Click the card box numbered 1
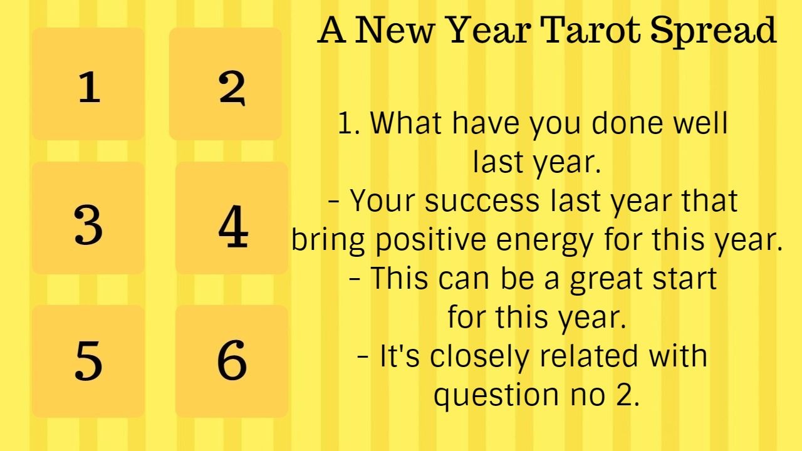tap(88, 84)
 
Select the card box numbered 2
tap(226, 84)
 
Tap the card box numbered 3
tap(88, 219)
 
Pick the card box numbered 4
tap(232, 219)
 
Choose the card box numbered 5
tap(88, 361)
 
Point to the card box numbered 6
tap(232, 361)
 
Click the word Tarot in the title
tap(591, 30)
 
